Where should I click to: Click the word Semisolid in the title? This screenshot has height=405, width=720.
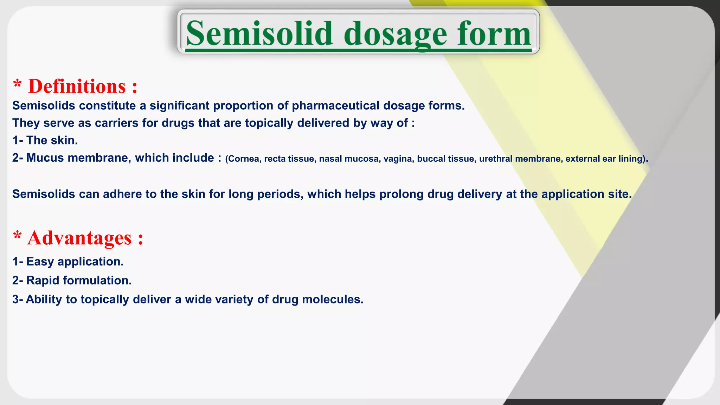pyautogui.click(x=259, y=33)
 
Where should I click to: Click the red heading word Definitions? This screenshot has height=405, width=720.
pyautogui.click(x=77, y=86)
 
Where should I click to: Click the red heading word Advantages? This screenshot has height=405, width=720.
pyautogui.click(x=79, y=238)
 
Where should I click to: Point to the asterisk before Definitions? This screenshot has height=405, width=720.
pyautogui.click(x=17, y=84)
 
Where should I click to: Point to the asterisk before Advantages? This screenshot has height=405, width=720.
pyautogui.click(x=17, y=236)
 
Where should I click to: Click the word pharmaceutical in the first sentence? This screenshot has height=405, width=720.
pyautogui.click(x=335, y=105)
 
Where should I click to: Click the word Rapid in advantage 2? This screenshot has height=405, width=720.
pyautogui.click(x=43, y=281)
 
